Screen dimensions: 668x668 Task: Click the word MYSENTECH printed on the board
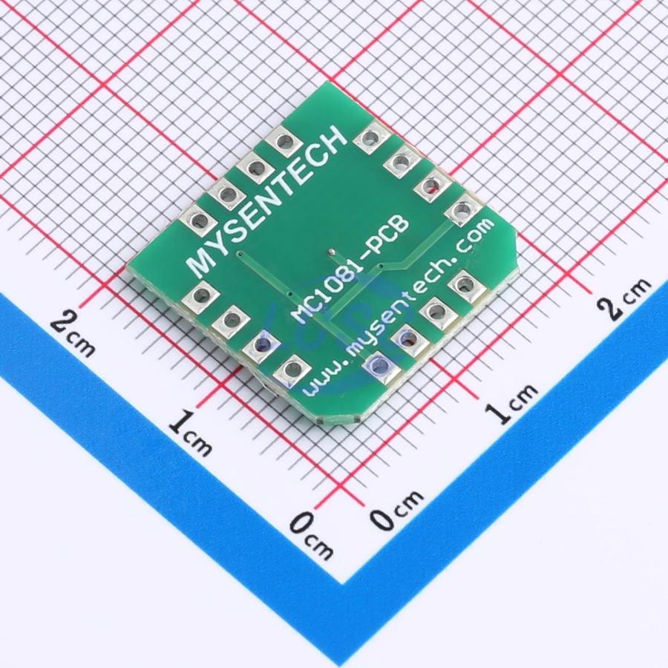pos(267,202)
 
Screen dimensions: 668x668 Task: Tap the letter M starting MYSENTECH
pos(201,263)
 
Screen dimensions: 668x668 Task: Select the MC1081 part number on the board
pos(327,289)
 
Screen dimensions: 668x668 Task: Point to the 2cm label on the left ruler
pos(73,333)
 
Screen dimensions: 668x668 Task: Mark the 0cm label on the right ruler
pos(396,508)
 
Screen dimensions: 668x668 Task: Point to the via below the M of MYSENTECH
pos(240,255)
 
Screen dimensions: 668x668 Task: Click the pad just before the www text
pos(292,370)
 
